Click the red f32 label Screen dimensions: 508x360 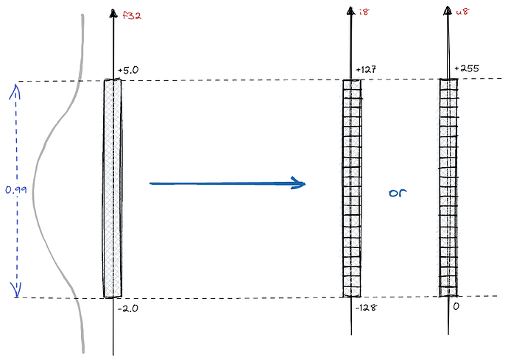pyautogui.click(x=132, y=15)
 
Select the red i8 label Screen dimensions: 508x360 pyautogui.click(x=364, y=12)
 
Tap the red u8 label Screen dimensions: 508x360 pyautogui.click(x=462, y=12)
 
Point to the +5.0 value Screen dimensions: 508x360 pyautogui.click(x=128, y=71)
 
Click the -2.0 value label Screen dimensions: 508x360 pyautogui.click(x=128, y=308)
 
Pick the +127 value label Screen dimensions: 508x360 pyautogui.click(x=366, y=70)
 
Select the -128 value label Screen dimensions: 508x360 pyautogui.click(x=366, y=308)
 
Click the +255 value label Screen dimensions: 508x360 pyautogui.click(x=467, y=68)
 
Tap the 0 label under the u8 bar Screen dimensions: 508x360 pyautogui.click(x=456, y=306)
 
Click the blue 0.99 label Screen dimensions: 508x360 pyautogui.click(x=16, y=189)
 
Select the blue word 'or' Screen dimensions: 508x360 pyautogui.click(x=398, y=193)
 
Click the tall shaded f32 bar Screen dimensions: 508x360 pyautogui.click(x=113, y=188)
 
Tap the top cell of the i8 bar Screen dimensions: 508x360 pyautogui.click(x=352, y=84)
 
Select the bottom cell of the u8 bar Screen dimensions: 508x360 pyautogui.click(x=448, y=292)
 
